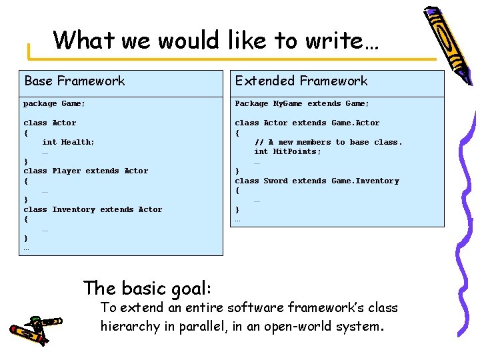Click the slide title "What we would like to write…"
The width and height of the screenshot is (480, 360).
(x=216, y=40)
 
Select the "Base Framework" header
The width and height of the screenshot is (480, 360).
(x=75, y=81)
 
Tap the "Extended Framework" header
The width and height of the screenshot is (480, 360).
(x=301, y=81)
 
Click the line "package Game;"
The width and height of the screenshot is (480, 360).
(x=55, y=103)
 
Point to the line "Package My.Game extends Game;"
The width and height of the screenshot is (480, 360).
(x=301, y=103)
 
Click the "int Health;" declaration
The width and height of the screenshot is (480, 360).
(x=68, y=142)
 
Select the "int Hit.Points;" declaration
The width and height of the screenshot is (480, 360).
(x=287, y=151)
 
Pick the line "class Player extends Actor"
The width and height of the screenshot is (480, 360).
(x=86, y=171)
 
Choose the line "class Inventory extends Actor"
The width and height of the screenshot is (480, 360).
(x=93, y=209)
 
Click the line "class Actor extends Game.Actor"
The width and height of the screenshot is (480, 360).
(x=307, y=123)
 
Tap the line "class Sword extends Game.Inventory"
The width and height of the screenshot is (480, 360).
(x=317, y=181)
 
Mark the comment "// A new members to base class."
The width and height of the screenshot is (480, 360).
(x=328, y=142)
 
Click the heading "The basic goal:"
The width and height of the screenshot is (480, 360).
(x=147, y=288)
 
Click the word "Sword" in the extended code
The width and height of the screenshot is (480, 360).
(x=275, y=181)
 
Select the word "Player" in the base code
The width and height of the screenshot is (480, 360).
(x=67, y=171)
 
